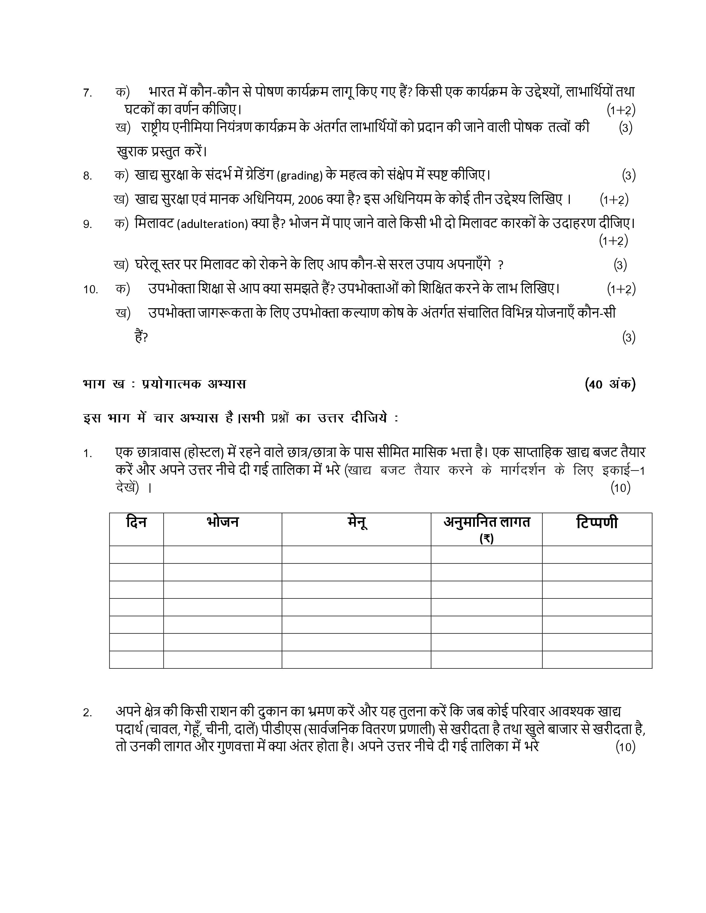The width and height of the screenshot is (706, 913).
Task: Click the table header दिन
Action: pyautogui.click(x=136, y=522)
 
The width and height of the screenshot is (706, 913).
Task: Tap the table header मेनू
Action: pyautogui.click(x=356, y=522)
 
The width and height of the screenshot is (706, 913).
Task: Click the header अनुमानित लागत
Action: pyautogui.click(x=486, y=522)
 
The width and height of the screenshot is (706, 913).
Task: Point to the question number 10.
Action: pyautogui.click(x=90, y=289)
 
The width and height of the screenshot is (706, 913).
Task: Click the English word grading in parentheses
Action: pyautogui.click(x=300, y=176)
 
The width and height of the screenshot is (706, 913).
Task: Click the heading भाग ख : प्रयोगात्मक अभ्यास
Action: pyautogui.click(x=164, y=384)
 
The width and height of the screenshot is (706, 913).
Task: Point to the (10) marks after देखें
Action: pyautogui.click(x=620, y=488)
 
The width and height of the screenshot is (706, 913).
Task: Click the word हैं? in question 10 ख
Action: pyautogui.click(x=141, y=337)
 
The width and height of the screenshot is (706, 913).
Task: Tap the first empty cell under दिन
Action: pyautogui.click(x=136, y=554)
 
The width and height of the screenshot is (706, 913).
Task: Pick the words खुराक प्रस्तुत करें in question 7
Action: pyautogui.click(x=161, y=151)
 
